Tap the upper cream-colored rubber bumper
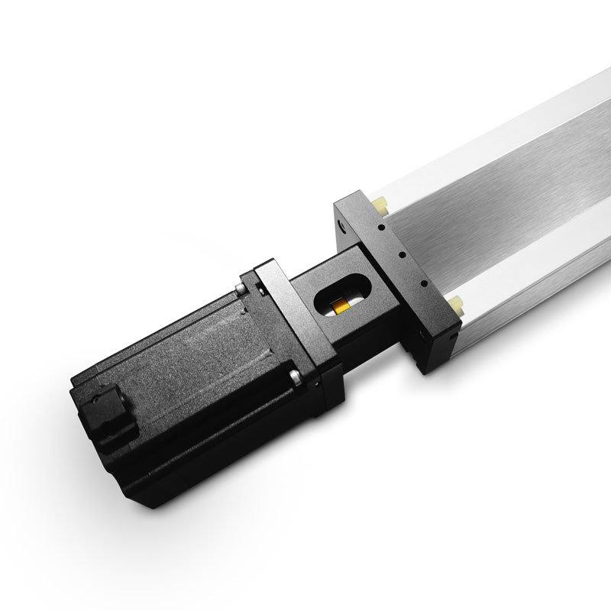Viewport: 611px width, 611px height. [380, 204]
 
